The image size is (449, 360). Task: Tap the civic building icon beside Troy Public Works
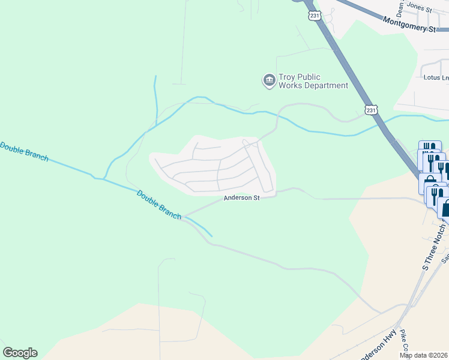[x=269, y=80]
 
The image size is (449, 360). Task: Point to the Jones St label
[x=419, y=8]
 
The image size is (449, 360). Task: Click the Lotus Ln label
[x=436, y=77]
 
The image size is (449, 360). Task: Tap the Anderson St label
[x=241, y=197]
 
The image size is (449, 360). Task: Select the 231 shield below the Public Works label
[x=372, y=110]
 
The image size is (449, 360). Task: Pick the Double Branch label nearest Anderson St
[x=159, y=205]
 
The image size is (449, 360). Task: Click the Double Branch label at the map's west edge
[x=24, y=151]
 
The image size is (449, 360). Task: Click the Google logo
[x=20, y=353]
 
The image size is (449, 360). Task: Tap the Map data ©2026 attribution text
[x=424, y=355]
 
